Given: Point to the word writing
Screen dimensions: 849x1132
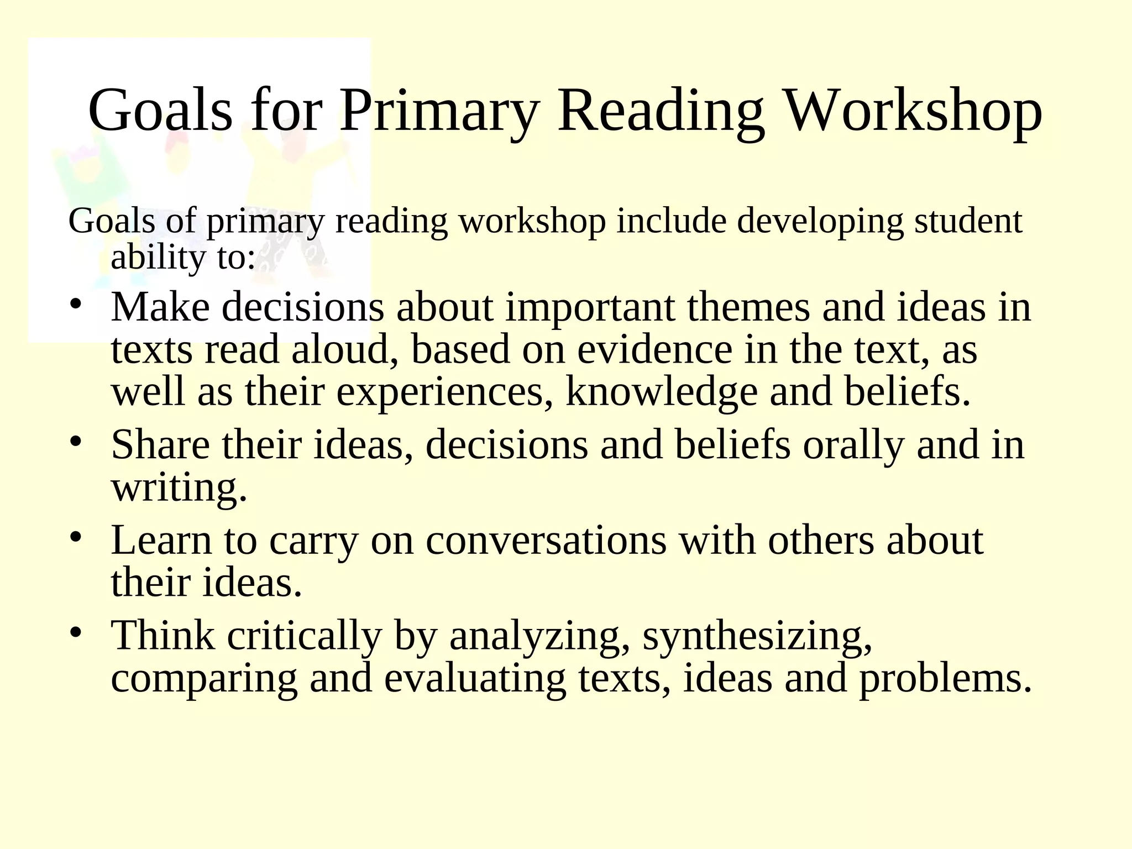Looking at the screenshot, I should pos(179,488).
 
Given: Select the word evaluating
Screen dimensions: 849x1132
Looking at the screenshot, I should pos(475,678).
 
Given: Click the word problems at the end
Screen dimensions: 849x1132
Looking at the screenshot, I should pos(945,678).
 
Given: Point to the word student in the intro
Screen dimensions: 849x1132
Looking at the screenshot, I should pos(968,221).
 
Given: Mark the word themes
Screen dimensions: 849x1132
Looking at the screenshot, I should pos(748,307).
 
